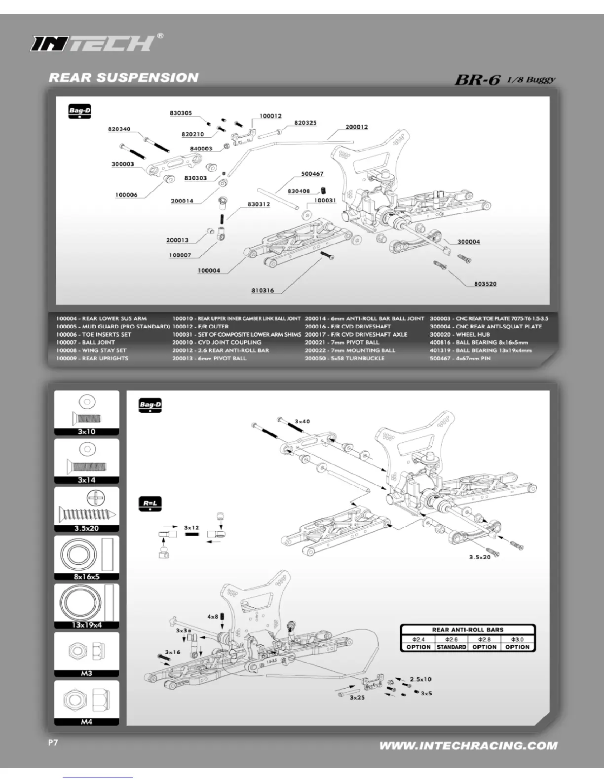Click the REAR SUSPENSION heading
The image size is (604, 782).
pyautogui.click(x=123, y=78)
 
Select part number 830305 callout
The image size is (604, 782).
pyautogui.click(x=181, y=113)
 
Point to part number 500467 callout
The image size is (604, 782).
pyautogui.click(x=312, y=174)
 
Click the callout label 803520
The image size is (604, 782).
pyautogui.click(x=485, y=284)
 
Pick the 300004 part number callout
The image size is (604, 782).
pyautogui.click(x=468, y=241)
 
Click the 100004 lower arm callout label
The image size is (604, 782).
pyautogui.click(x=209, y=271)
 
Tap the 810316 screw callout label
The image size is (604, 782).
pyautogui.click(x=263, y=290)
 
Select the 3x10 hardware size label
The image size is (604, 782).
pyautogui.click(x=86, y=431)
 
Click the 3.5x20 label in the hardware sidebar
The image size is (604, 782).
pyautogui.click(x=86, y=528)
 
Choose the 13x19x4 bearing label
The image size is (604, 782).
pyautogui.click(x=86, y=625)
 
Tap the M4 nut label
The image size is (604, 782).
pyautogui.click(x=86, y=722)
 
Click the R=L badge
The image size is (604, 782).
pyautogui.click(x=150, y=504)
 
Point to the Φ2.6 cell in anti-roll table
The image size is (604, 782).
pyautogui.click(x=452, y=639)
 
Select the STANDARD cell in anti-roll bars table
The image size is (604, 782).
pyautogui.click(x=452, y=647)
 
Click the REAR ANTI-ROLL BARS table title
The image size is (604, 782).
pyautogui.click(x=468, y=630)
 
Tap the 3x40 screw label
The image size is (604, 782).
pyautogui.click(x=302, y=422)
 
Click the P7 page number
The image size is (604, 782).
pyautogui.click(x=53, y=743)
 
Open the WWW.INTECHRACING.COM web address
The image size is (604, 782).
pyautogui.click(x=468, y=746)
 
